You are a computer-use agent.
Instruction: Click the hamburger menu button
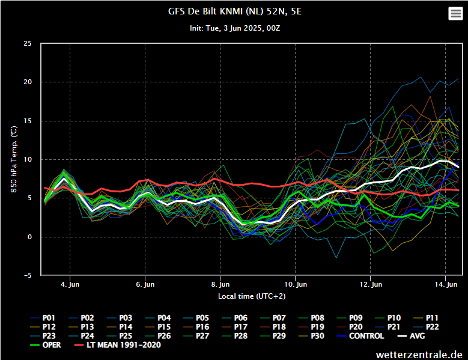tap(455, 14)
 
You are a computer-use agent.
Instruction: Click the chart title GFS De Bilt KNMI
tap(234, 11)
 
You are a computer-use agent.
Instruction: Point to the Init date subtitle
tap(234, 28)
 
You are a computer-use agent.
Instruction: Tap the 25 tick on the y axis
tap(28, 43)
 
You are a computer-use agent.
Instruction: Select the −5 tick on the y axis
tap(28, 275)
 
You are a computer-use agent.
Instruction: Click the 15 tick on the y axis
tap(28, 121)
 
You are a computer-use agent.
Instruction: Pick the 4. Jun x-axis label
tap(70, 284)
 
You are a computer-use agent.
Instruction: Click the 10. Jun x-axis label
tap(296, 284)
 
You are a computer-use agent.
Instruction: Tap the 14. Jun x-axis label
tap(445, 284)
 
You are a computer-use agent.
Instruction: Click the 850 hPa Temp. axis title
tap(13, 159)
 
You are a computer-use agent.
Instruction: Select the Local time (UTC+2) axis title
tap(252, 296)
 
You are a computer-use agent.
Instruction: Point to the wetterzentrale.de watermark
tap(419, 354)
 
